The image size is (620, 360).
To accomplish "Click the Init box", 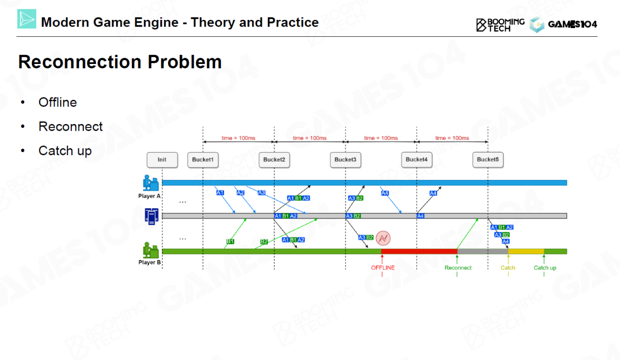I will pyautogui.click(x=162, y=160).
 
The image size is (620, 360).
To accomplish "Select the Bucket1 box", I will pyautogui.click(x=203, y=160).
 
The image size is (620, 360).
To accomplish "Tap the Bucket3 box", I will pyautogui.click(x=345, y=160).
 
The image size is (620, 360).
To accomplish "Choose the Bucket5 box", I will pyautogui.click(x=488, y=160).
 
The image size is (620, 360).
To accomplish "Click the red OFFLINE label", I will pyautogui.click(x=383, y=268).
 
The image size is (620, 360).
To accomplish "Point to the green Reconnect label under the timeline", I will pyautogui.click(x=458, y=268).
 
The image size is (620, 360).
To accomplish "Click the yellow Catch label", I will pyautogui.click(x=508, y=268).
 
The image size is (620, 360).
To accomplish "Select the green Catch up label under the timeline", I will pyautogui.click(x=545, y=268).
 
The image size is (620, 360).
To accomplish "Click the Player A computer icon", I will pyautogui.click(x=151, y=183).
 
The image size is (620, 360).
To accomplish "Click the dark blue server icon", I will pyautogui.click(x=152, y=216).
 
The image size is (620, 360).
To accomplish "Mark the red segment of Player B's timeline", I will pyautogui.click(x=419, y=251).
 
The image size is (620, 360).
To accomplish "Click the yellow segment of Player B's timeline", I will pyautogui.click(x=526, y=251).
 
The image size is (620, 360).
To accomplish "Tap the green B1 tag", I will pyautogui.click(x=231, y=241).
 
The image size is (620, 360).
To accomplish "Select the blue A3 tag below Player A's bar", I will pyautogui.click(x=262, y=193).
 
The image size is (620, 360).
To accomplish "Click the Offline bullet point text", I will pyautogui.click(x=58, y=102).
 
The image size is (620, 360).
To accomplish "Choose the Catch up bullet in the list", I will pyautogui.click(x=65, y=151).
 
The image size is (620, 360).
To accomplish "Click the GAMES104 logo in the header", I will pyautogui.click(x=564, y=24).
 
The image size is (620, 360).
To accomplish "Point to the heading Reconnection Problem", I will pyautogui.click(x=120, y=62).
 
